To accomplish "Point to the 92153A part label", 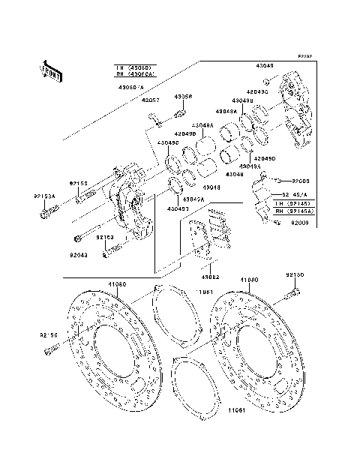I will [44, 196].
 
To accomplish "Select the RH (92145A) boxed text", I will [293, 212].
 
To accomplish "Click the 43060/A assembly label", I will [133, 85].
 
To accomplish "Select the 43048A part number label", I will [202, 124].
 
